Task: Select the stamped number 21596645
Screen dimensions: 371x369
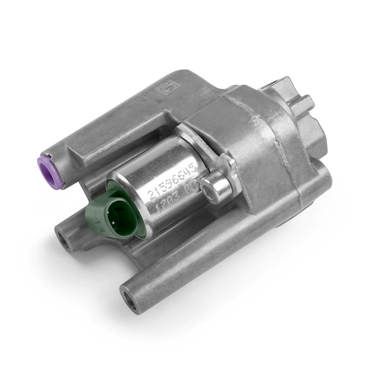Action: [x=172, y=186]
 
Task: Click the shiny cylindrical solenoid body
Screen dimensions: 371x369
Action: [x=158, y=185]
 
